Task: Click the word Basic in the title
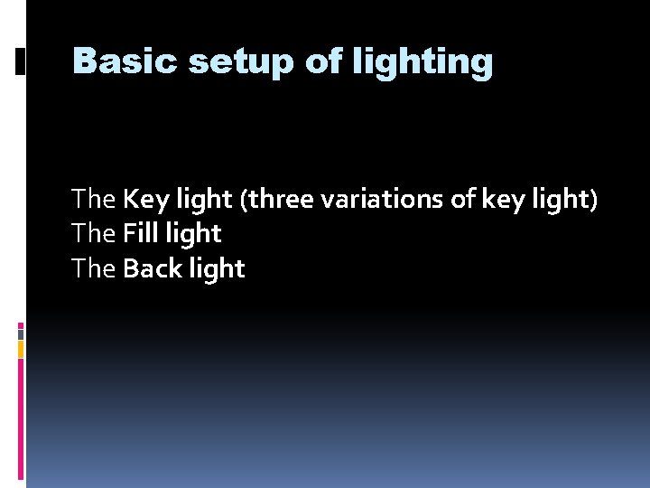point(125,61)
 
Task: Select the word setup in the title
point(241,63)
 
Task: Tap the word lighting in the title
point(422,62)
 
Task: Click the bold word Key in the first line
point(146,200)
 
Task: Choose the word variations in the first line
point(382,199)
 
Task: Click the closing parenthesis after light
point(593,200)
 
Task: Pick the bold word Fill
point(141,233)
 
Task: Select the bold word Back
point(153,267)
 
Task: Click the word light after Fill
point(193,235)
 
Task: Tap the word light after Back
point(218,269)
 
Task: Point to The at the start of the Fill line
point(94,233)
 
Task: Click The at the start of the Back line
point(94,267)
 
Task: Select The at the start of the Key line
point(94,198)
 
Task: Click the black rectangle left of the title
point(20,61)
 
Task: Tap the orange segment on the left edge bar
point(21,350)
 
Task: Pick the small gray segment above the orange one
point(21,334)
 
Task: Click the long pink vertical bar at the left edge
point(21,419)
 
